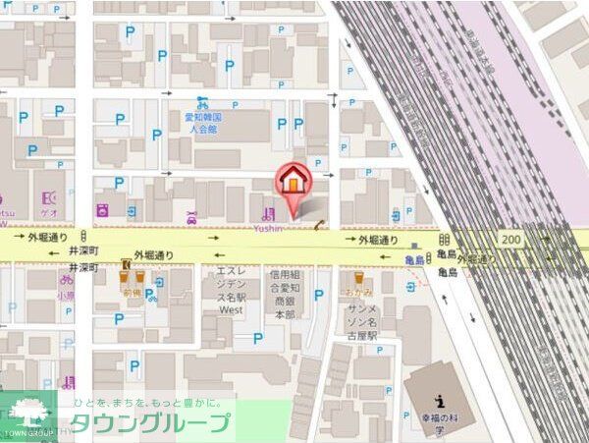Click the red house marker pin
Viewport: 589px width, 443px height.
[x=293, y=181]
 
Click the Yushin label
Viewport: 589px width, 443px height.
[x=268, y=228]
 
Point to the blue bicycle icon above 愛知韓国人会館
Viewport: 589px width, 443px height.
[x=202, y=101]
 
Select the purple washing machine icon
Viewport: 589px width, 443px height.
[x=101, y=209]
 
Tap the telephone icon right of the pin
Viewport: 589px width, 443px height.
[x=320, y=225]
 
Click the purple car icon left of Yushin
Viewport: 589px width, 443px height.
[x=191, y=216]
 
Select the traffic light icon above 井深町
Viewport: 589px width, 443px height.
[x=83, y=238]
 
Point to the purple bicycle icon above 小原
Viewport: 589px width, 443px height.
[x=65, y=279]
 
